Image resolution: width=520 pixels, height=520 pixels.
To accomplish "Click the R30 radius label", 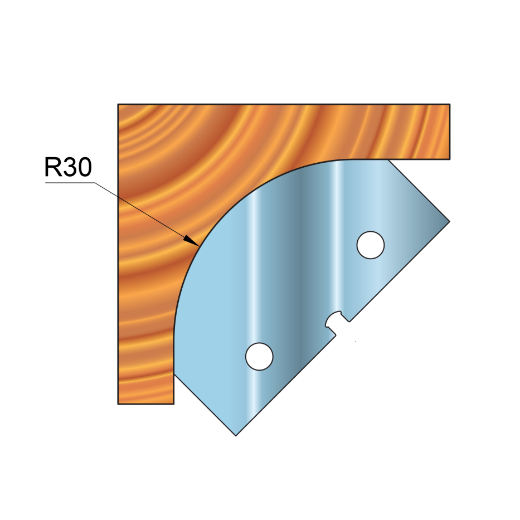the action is click(x=68, y=167).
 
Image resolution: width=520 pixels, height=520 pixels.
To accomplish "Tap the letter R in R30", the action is click(x=52, y=167).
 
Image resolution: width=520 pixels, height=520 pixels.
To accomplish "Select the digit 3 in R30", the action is click(x=69, y=167).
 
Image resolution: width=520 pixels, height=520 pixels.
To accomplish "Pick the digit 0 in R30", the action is click(x=84, y=167).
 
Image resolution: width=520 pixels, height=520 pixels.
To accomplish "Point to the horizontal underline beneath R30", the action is click(x=70, y=182).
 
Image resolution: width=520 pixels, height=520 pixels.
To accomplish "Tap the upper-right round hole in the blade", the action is click(x=371, y=245).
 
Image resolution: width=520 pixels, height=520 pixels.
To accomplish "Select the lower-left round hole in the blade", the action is click(x=259, y=357).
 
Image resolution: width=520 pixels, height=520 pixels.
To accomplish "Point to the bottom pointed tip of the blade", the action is click(x=236, y=436).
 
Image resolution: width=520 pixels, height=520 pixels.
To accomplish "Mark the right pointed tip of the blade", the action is click(x=450, y=221).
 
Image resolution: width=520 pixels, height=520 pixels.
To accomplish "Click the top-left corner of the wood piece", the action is click(x=118, y=104).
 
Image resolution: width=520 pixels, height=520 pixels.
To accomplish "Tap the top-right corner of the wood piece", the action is click(x=450, y=104).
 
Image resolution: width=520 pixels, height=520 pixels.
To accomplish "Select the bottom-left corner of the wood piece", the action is click(x=118, y=404).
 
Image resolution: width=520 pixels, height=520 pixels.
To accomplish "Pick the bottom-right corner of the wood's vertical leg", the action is click(x=174, y=404).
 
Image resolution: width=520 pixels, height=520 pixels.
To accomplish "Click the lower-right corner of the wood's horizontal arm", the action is click(x=450, y=159).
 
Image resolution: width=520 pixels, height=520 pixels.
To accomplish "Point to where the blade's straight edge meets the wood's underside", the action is click(x=388, y=159).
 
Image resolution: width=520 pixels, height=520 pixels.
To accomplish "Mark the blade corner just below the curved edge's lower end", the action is click(x=174, y=374).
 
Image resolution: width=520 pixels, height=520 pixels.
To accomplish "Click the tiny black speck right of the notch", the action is click(x=355, y=341).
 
